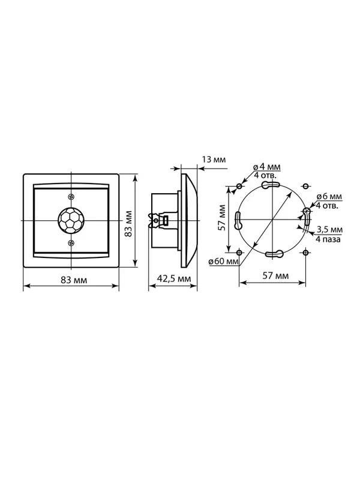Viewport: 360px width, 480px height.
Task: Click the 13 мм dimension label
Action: pos(214,160)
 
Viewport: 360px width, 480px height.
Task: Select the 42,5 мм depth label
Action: pos(173,279)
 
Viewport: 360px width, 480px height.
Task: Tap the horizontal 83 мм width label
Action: pos(74,280)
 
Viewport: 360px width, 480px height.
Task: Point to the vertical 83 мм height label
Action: pos(129,223)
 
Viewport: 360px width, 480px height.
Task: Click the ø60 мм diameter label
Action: pos(223,262)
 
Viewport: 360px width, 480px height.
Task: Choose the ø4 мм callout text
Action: pos(266,167)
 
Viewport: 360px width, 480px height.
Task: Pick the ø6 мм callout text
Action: pos(329,197)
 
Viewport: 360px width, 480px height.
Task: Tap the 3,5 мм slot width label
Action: pos(329,229)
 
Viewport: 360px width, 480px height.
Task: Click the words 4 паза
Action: pos(328,239)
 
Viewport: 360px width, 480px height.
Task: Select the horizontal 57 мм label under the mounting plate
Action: pos(275,276)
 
